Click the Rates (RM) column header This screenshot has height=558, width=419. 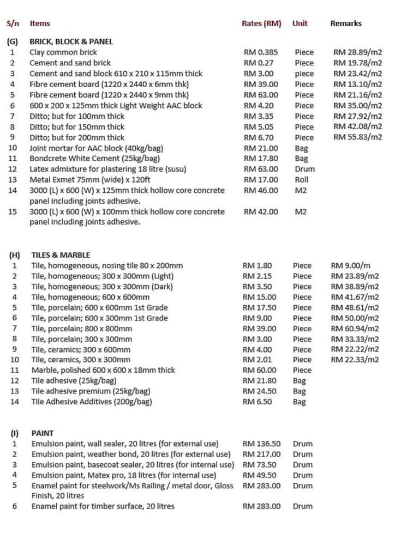[x=261, y=23]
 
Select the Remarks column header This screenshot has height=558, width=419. [x=346, y=23]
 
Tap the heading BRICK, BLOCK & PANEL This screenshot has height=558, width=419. [x=71, y=41]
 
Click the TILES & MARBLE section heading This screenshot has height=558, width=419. [x=61, y=255]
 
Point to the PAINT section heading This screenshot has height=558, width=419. [x=43, y=433]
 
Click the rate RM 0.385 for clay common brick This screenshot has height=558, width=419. [x=260, y=52]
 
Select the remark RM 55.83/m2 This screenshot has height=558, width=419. [x=357, y=137]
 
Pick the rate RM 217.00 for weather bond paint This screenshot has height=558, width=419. [x=261, y=454]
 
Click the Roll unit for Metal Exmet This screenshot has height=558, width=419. [x=301, y=180]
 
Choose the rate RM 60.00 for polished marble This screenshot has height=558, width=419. [x=259, y=370]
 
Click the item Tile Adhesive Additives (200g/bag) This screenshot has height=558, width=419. [x=92, y=402]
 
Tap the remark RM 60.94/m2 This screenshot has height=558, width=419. [x=355, y=329]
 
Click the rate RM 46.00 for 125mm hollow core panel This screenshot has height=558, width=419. [x=260, y=191]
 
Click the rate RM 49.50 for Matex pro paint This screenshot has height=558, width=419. [x=259, y=475]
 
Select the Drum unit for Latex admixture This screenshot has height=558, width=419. [x=304, y=169]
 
